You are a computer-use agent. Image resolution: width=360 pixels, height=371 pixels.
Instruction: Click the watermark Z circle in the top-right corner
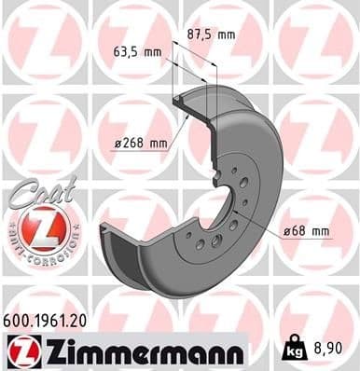pyautogui.click(x=316, y=42)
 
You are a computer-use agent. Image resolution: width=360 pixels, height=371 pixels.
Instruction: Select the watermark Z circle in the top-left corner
pyautogui.click(x=42, y=42)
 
